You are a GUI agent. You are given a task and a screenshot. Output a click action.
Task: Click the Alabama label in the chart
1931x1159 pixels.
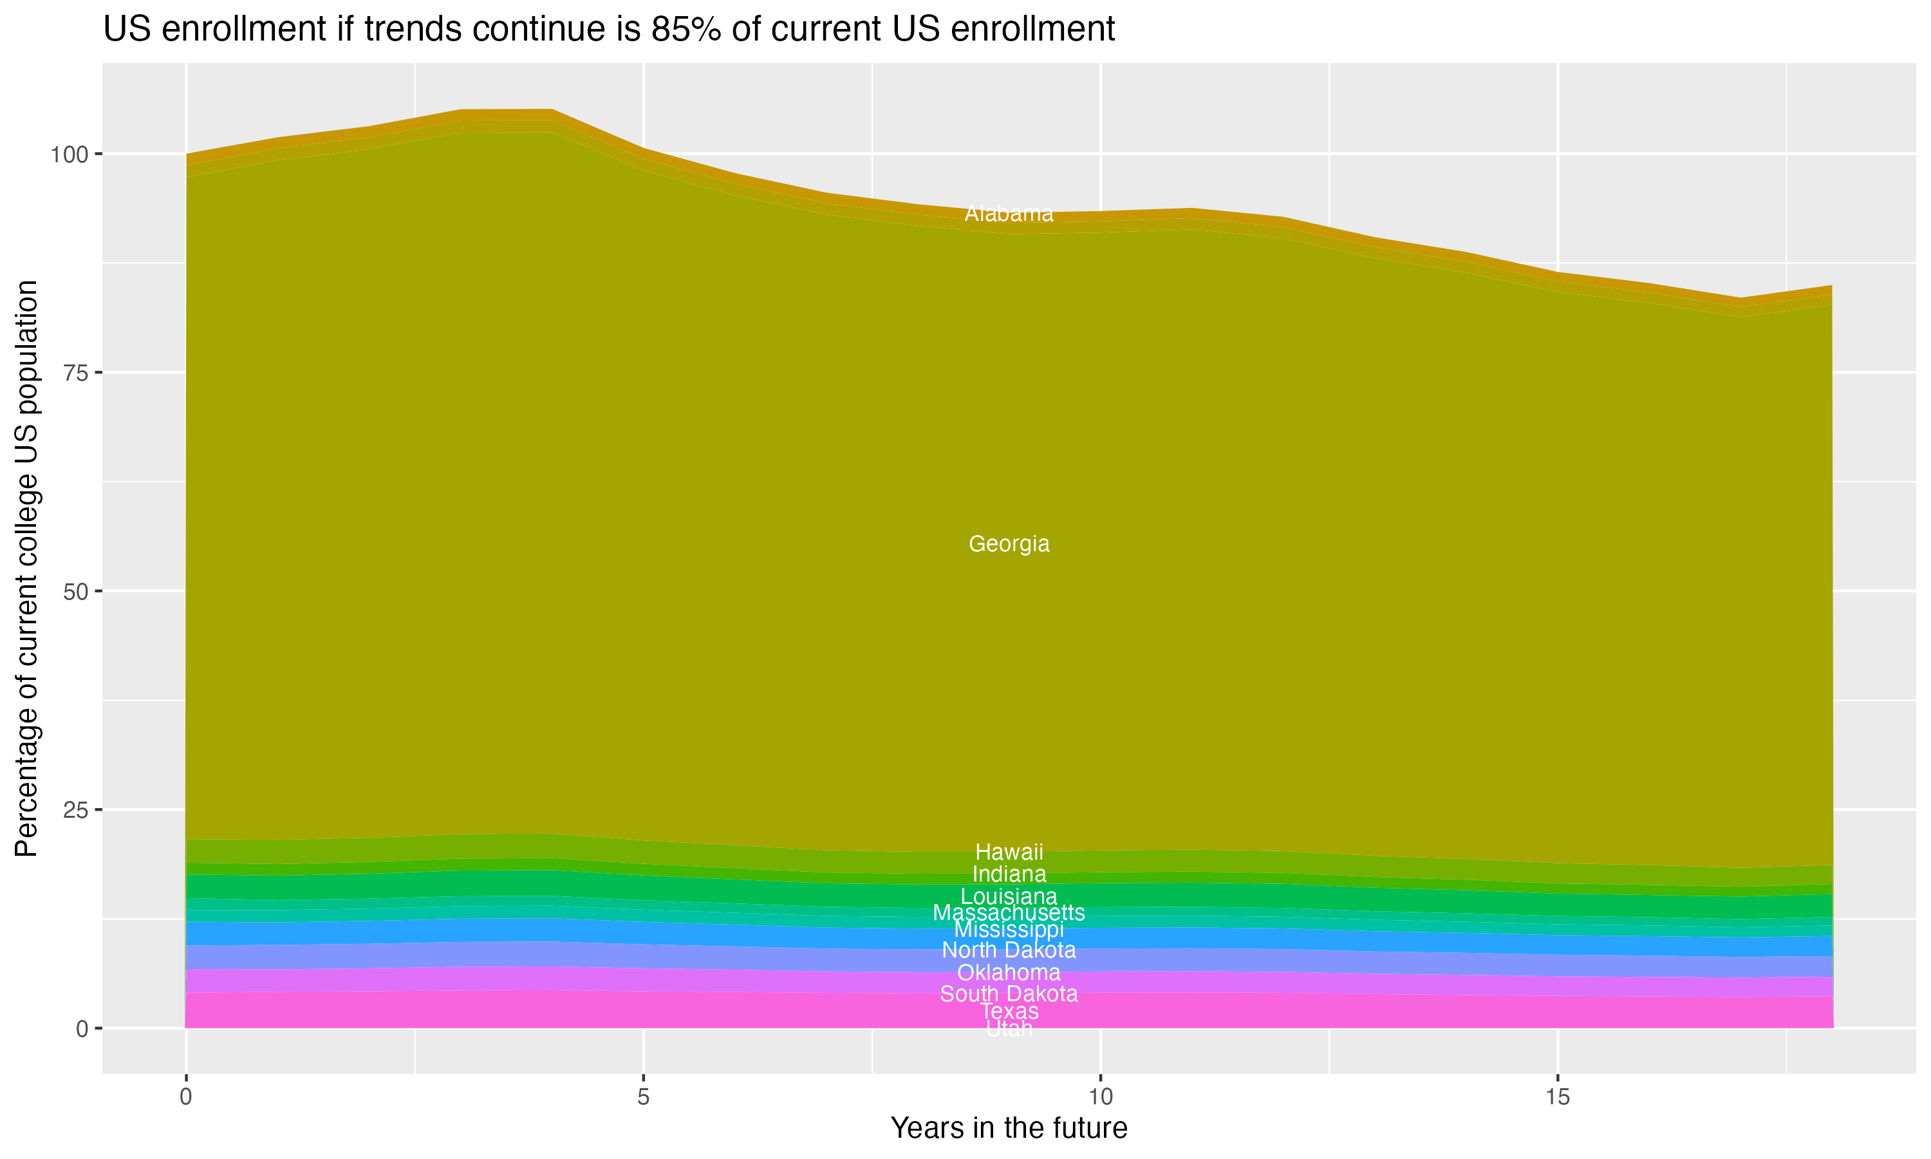[1009, 213]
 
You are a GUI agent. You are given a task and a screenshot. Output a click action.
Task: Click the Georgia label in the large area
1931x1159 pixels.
[1009, 543]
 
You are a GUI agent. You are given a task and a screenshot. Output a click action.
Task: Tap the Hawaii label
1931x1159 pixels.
[1009, 852]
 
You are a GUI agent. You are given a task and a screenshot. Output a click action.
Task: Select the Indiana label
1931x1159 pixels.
[1009, 874]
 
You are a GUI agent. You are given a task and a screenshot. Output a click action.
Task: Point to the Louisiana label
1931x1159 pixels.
[1009, 896]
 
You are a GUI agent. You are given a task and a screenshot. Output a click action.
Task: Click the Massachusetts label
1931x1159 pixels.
[1009, 912]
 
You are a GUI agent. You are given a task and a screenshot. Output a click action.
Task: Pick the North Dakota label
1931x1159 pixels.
[1009, 950]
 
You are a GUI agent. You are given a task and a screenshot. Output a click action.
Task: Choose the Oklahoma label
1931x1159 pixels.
[1009, 972]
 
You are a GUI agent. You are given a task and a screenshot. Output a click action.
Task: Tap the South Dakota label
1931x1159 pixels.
[1009, 994]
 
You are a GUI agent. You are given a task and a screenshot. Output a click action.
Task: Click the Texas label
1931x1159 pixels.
[1009, 1012]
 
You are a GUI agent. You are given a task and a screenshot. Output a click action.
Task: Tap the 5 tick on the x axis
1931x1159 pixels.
[643, 1097]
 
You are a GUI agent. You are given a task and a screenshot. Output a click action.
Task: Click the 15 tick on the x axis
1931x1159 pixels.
[1557, 1097]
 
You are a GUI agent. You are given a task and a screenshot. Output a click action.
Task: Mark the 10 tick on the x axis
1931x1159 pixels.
[1100, 1097]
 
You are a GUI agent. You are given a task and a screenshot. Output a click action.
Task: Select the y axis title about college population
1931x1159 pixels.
[26, 569]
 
